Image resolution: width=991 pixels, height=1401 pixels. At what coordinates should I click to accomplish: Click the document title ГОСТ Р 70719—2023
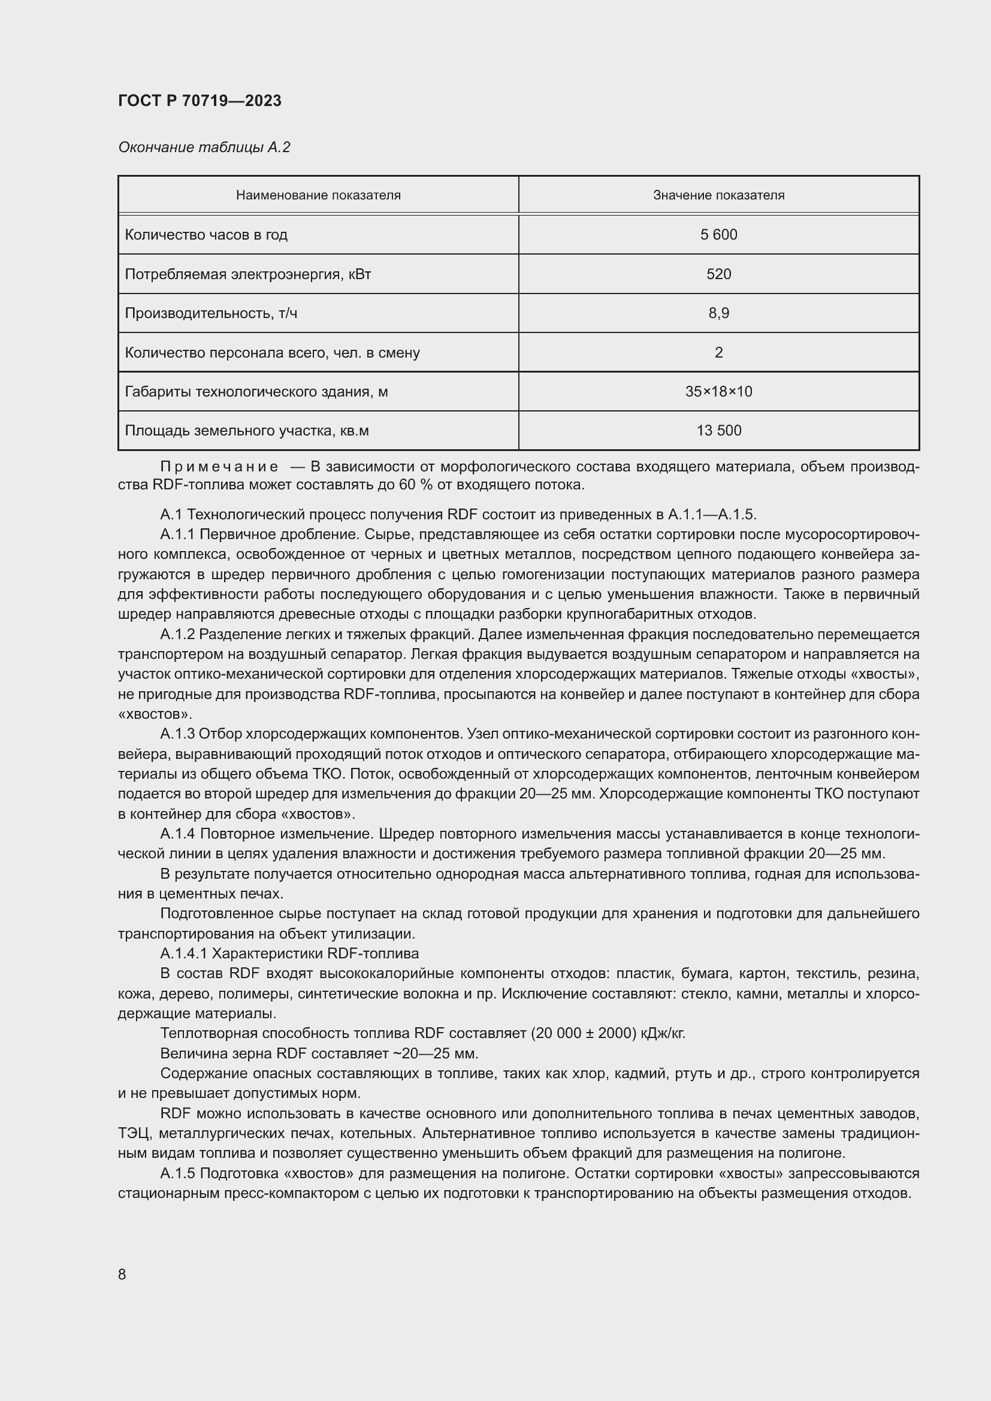[x=200, y=101]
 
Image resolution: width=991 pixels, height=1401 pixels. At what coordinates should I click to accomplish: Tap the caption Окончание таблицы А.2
[x=204, y=147]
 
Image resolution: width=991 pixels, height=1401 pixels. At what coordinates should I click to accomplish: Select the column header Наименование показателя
[x=318, y=195]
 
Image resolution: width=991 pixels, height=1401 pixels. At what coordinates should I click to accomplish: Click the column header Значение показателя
[x=718, y=195]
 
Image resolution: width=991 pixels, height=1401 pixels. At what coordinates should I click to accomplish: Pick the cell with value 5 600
[x=718, y=235]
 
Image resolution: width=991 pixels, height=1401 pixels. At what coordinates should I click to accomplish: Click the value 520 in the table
[x=718, y=274]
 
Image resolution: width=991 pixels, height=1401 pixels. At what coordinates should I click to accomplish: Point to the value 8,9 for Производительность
[x=718, y=313]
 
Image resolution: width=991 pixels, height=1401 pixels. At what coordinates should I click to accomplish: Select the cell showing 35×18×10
[x=718, y=391]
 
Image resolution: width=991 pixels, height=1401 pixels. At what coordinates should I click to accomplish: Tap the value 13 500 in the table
[x=718, y=431]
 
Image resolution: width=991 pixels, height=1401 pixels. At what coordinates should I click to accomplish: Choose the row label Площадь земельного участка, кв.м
[x=246, y=431]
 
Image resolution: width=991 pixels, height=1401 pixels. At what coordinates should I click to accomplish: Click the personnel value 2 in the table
[x=718, y=353]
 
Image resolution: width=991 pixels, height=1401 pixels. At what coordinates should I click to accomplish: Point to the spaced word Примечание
[x=219, y=467]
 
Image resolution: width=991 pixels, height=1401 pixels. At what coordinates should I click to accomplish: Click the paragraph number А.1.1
[x=177, y=534]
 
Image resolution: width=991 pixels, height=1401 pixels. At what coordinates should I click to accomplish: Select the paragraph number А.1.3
[x=177, y=734]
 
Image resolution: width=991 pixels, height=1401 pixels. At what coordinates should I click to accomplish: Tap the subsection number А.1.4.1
[x=183, y=953]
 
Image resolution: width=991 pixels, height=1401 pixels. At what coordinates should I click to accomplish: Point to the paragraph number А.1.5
[x=177, y=1173]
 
